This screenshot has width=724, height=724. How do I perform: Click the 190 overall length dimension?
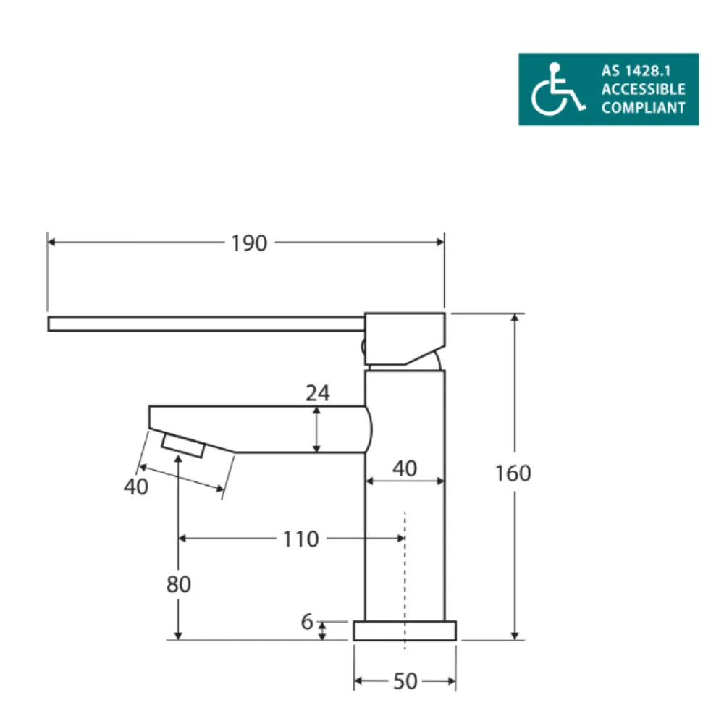pyautogui.click(x=249, y=243)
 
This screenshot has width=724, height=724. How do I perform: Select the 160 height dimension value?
pyautogui.click(x=513, y=473)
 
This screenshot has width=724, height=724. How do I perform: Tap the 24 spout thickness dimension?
pyautogui.click(x=317, y=393)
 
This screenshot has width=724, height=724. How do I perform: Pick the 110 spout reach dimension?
pyautogui.click(x=300, y=539)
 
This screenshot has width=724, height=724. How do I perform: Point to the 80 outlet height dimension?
pyautogui.click(x=178, y=584)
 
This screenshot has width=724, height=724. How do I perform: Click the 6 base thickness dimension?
pyautogui.click(x=306, y=622)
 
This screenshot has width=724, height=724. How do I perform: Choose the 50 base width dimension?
pyautogui.click(x=405, y=681)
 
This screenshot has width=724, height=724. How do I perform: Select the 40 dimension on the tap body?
pyautogui.click(x=404, y=468)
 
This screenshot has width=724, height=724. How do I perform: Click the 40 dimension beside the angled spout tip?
pyautogui.click(x=135, y=487)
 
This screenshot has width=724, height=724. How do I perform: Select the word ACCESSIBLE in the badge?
pyautogui.click(x=643, y=89)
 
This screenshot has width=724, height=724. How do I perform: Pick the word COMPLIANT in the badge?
pyautogui.click(x=643, y=108)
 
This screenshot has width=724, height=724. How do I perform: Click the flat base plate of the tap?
pyautogui.click(x=405, y=631)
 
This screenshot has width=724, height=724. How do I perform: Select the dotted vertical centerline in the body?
pyautogui.click(x=405, y=572)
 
